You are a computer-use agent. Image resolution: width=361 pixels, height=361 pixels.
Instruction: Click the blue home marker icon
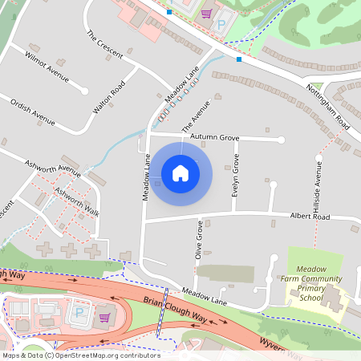(x=180, y=172)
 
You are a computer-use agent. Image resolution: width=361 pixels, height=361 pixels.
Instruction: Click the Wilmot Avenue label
(x=47, y=69)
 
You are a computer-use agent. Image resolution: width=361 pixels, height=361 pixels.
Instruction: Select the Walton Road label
(x=110, y=96)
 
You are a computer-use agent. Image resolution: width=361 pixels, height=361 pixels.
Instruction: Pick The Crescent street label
(x=104, y=45)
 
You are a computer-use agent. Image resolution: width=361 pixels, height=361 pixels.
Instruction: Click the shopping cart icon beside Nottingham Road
(x=206, y=13)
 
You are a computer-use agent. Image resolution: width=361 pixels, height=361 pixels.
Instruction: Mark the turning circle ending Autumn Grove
(x=281, y=140)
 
